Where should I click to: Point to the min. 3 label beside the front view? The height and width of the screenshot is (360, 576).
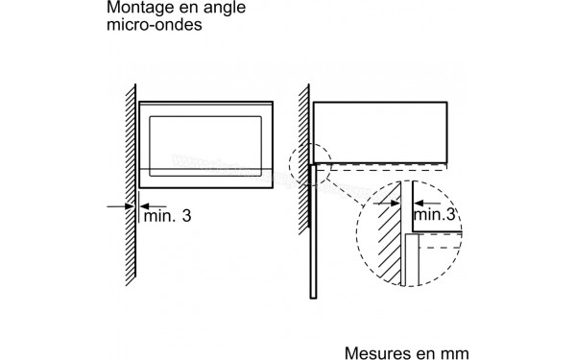(x=167, y=216)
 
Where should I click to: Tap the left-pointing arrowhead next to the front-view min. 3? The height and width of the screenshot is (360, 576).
(x=145, y=204)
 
